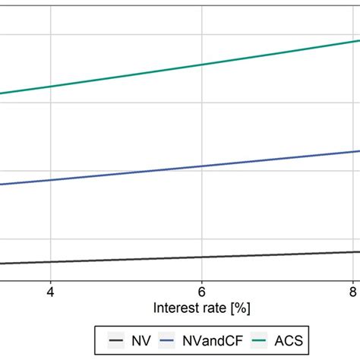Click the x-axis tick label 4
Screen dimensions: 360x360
50,291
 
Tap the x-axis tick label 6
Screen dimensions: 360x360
202,291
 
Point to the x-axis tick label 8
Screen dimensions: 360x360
354,291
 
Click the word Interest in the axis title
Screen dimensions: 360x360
174,308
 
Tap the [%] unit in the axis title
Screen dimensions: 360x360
239,308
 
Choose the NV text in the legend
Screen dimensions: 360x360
139,340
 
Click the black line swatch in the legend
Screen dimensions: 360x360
115,340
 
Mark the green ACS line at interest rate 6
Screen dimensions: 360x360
202,65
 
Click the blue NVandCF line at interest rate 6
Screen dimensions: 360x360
202,166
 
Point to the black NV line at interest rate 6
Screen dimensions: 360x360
202,257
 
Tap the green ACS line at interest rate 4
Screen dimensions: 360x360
50,87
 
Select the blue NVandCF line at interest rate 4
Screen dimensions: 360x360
50,181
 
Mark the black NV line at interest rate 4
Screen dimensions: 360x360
50,262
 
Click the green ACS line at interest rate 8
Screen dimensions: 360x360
354,41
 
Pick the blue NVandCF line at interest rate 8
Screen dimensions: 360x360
354,151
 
